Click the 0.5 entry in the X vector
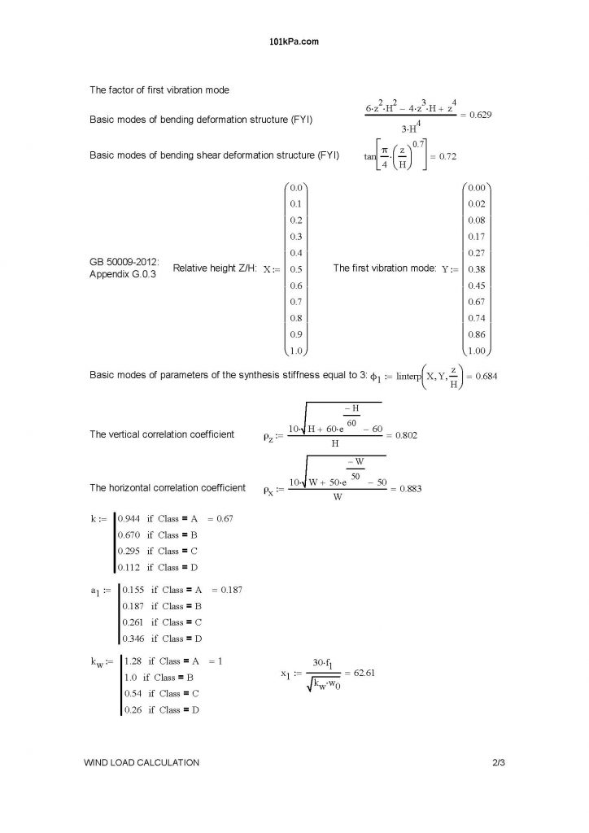click(x=295, y=268)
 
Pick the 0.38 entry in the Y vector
click(x=477, y=268)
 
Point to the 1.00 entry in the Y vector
click(x=477, y=351)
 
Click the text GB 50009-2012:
click(x=124, y=263)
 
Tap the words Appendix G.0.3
click(x=122, y=275)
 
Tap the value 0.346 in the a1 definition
click(x=133, y=639)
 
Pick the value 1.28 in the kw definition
click(x=132, y=661)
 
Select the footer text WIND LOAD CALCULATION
click(x=142, y=762)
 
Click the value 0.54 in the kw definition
click(x=132, y=693)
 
